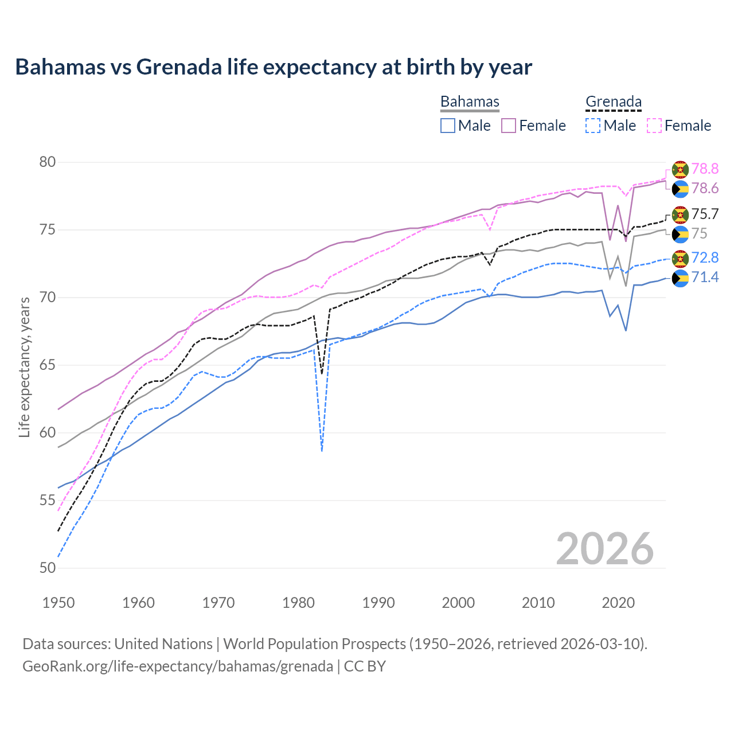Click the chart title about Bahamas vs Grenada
tap(274, 67)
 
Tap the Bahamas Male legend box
tap(448, 126)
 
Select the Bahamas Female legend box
tap(509, 126)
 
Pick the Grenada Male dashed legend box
tap(593, 126)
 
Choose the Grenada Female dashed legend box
tap(654, 126)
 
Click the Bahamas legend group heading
tap(470, 101)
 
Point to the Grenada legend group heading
tap(613, 101)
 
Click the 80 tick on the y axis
tap(48, 162)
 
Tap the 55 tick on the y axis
tap(48, 501)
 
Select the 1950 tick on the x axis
tap(58, 603)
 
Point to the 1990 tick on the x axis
tap(378, 603)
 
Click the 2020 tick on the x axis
tap(618, 603)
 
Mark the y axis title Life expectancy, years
tap(24, 367)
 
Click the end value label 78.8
tap(705, 169)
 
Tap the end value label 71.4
tap(705, 278)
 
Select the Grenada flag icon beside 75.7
tap(680, 214)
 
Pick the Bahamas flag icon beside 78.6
tap(680, 189)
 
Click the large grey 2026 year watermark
tap(605, 549)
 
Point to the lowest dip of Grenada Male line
tap(322, 451)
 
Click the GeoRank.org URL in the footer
tap(178, 666)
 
